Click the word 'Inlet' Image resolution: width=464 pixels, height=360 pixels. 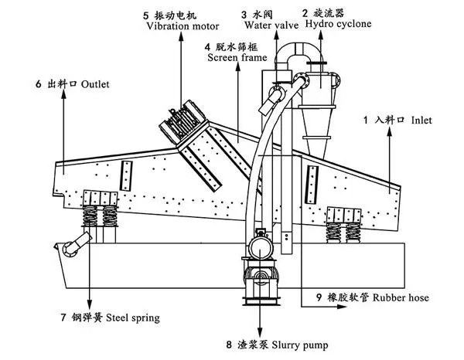[422, 121]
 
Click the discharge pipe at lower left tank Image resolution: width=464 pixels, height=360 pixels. [73, 248]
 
